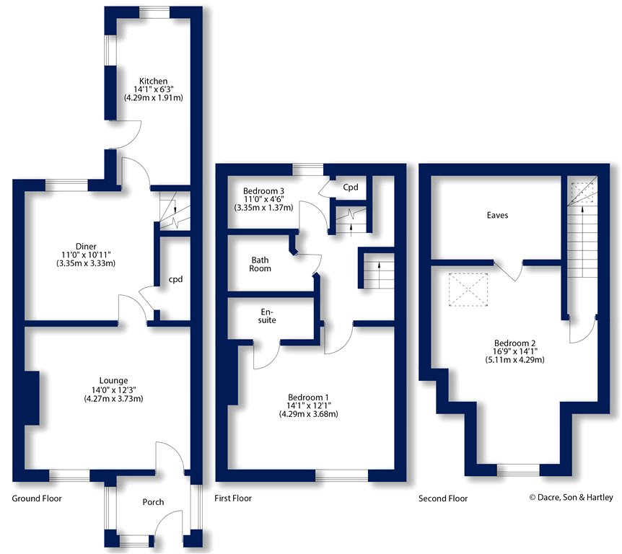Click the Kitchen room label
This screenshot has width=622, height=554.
[153, 81]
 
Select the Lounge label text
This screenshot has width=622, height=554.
[113, 381]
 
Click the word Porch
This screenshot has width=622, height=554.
[152, 502]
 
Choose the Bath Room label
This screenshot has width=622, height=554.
[261, 264]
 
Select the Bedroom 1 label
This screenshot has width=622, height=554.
[308, 397]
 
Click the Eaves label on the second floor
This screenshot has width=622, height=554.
[497, 215]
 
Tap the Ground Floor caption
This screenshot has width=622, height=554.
[37, 498]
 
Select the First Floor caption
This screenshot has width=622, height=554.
[233, 498]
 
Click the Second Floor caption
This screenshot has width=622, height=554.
[443, 498]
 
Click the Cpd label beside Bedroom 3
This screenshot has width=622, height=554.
[351, 188]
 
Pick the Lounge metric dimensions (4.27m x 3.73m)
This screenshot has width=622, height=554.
[113, 398]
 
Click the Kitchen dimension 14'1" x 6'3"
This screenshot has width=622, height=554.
[153, 89]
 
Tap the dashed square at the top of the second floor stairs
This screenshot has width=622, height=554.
[580, 193]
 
